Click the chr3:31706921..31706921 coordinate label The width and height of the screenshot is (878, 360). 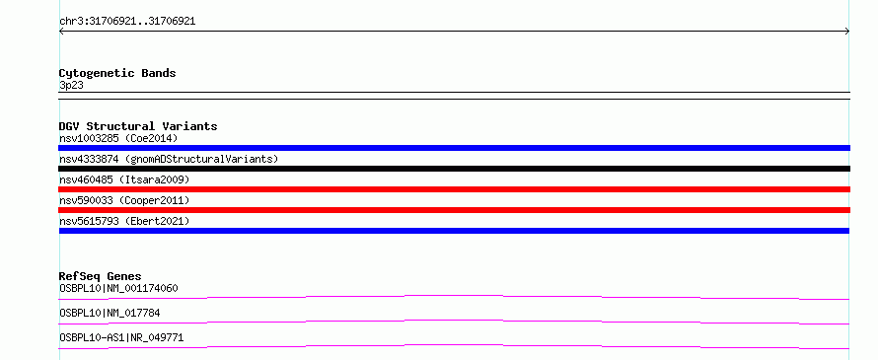tap(127, 22)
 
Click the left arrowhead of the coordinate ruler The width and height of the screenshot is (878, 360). tap(60, 32)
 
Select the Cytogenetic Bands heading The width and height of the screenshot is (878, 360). tap(117, 73)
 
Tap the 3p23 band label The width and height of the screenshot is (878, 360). tap(71, 86)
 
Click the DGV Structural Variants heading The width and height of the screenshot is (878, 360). tap(138, 126)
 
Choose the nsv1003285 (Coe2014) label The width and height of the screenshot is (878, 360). tap(118, 138)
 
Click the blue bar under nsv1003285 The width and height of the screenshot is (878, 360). tap(454, 148)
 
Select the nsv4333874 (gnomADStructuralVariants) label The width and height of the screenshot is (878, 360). tap(169, 159)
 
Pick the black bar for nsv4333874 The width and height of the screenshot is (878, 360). tap(454, 169)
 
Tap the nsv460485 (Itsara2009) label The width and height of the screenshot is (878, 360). tap(124, 180)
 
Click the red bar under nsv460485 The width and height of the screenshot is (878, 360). tap(454, 189)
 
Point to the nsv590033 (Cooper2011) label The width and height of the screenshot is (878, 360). tap(124, 200)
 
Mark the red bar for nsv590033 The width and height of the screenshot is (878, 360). tap(454, 210)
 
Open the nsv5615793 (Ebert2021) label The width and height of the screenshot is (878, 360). tap(124, 221)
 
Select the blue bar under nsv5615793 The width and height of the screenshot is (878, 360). tap(454, 231)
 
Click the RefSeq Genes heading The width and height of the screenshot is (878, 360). tap(101, 276)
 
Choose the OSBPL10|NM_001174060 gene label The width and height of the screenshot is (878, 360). tap(118, 288)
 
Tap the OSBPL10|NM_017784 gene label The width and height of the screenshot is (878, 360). tap(110, 313)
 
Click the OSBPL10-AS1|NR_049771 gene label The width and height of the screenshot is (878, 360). tap(121, 337)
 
